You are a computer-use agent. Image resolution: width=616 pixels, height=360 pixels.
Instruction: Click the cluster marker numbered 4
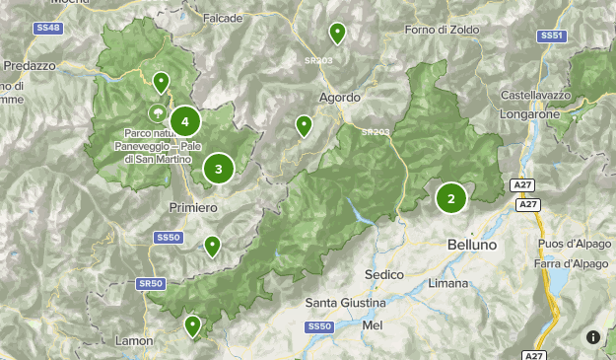pyautogui.click(x=184, y=122)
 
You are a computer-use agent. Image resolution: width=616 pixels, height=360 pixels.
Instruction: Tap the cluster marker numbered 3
pyautogui.click(x=218, y=168)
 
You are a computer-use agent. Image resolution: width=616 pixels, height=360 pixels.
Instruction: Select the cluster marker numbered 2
pyautogui.click(x=451, y=198)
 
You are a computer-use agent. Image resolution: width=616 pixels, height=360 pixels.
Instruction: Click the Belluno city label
pyautogui.click(x=471, y=244)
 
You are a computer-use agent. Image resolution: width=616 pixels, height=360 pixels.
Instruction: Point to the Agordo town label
pyautogui.click(x=339, y=98)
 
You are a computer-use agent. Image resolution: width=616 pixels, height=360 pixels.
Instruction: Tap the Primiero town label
pyautogui.click(x=193, y=208)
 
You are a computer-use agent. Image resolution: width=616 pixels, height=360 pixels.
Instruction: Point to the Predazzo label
pyautogui.click(x=30, y=65)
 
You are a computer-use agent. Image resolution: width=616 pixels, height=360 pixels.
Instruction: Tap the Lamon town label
pyautogui.click(x=133, y=340)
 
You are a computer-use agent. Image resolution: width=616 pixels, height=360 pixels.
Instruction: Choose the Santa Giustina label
pyautogui.click(x=339, y=302)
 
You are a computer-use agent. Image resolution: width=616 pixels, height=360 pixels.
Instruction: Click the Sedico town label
pyautogui.click(x=384, y=273)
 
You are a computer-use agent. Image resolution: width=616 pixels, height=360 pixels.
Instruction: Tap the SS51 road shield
pyautogui.click(x=552, y=36)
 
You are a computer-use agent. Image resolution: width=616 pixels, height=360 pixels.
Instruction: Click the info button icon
pyautogui.click(x=593, y=337)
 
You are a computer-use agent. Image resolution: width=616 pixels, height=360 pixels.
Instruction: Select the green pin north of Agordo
pyautogui.click(x=337, y=34)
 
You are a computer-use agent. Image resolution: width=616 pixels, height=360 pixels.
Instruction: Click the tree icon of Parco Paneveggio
pyautogui.click(x=157, y=113)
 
